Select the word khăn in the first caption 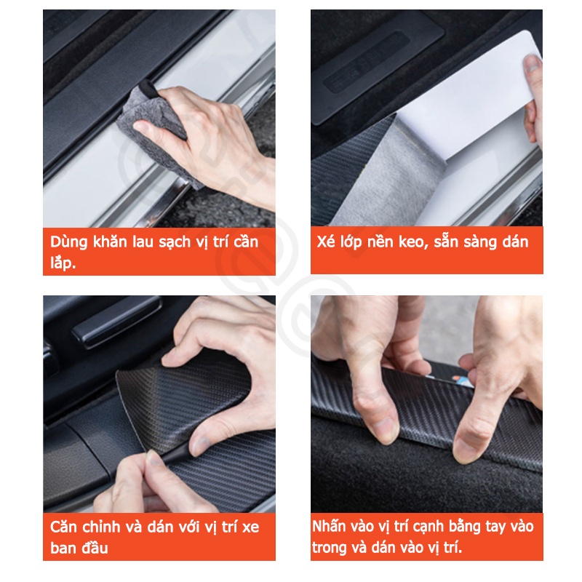click(111, 242)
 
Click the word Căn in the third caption click(66, 527)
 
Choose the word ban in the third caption click(63, 548)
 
